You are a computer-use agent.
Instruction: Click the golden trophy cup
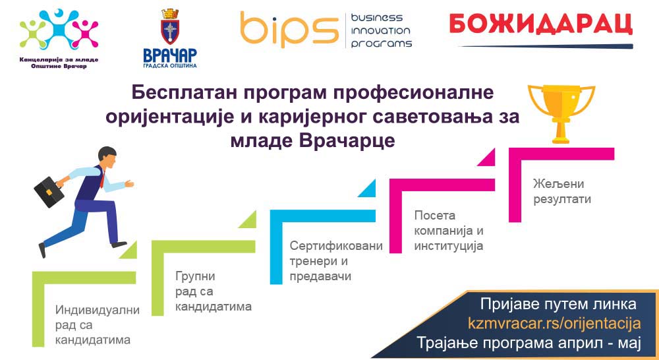pos(561,113)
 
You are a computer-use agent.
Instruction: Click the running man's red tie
pos(102,178)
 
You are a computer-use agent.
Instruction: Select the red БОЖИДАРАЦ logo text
pos(541,24)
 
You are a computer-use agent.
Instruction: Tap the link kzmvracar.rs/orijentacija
pos(554,324)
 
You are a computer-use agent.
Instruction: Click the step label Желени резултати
pos(562,191)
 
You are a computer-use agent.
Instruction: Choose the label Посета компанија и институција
pos(449,231)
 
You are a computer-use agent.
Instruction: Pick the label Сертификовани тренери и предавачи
pos(336,260)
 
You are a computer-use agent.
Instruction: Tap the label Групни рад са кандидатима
pos(213,291)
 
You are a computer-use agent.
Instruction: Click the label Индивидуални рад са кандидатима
pos(97,325)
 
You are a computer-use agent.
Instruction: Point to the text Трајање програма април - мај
pos(529,343)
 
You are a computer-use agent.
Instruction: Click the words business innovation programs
pos(381,31)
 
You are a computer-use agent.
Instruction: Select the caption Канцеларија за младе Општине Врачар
pos(59,63)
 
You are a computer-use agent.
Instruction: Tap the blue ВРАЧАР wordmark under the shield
pos(170,55)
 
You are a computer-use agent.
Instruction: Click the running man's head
pos(107,156)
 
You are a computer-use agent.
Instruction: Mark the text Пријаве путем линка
pos(558,304)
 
